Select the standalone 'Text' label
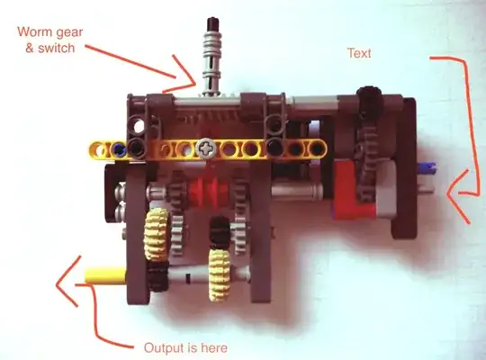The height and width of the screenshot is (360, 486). (x=359, y=53)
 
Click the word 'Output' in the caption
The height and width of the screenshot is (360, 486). (x=162, y=348)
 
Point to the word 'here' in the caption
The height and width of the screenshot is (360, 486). (x=214, y=348)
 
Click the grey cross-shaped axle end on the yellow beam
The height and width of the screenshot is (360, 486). (x=205, y=148)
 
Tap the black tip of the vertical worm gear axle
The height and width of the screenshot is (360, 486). (x=214, y=23)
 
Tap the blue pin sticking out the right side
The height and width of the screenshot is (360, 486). (x=427, y=167)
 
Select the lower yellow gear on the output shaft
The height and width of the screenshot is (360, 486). (x=220, y=274)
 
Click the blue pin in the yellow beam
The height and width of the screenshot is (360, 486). (x=119, y=149)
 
